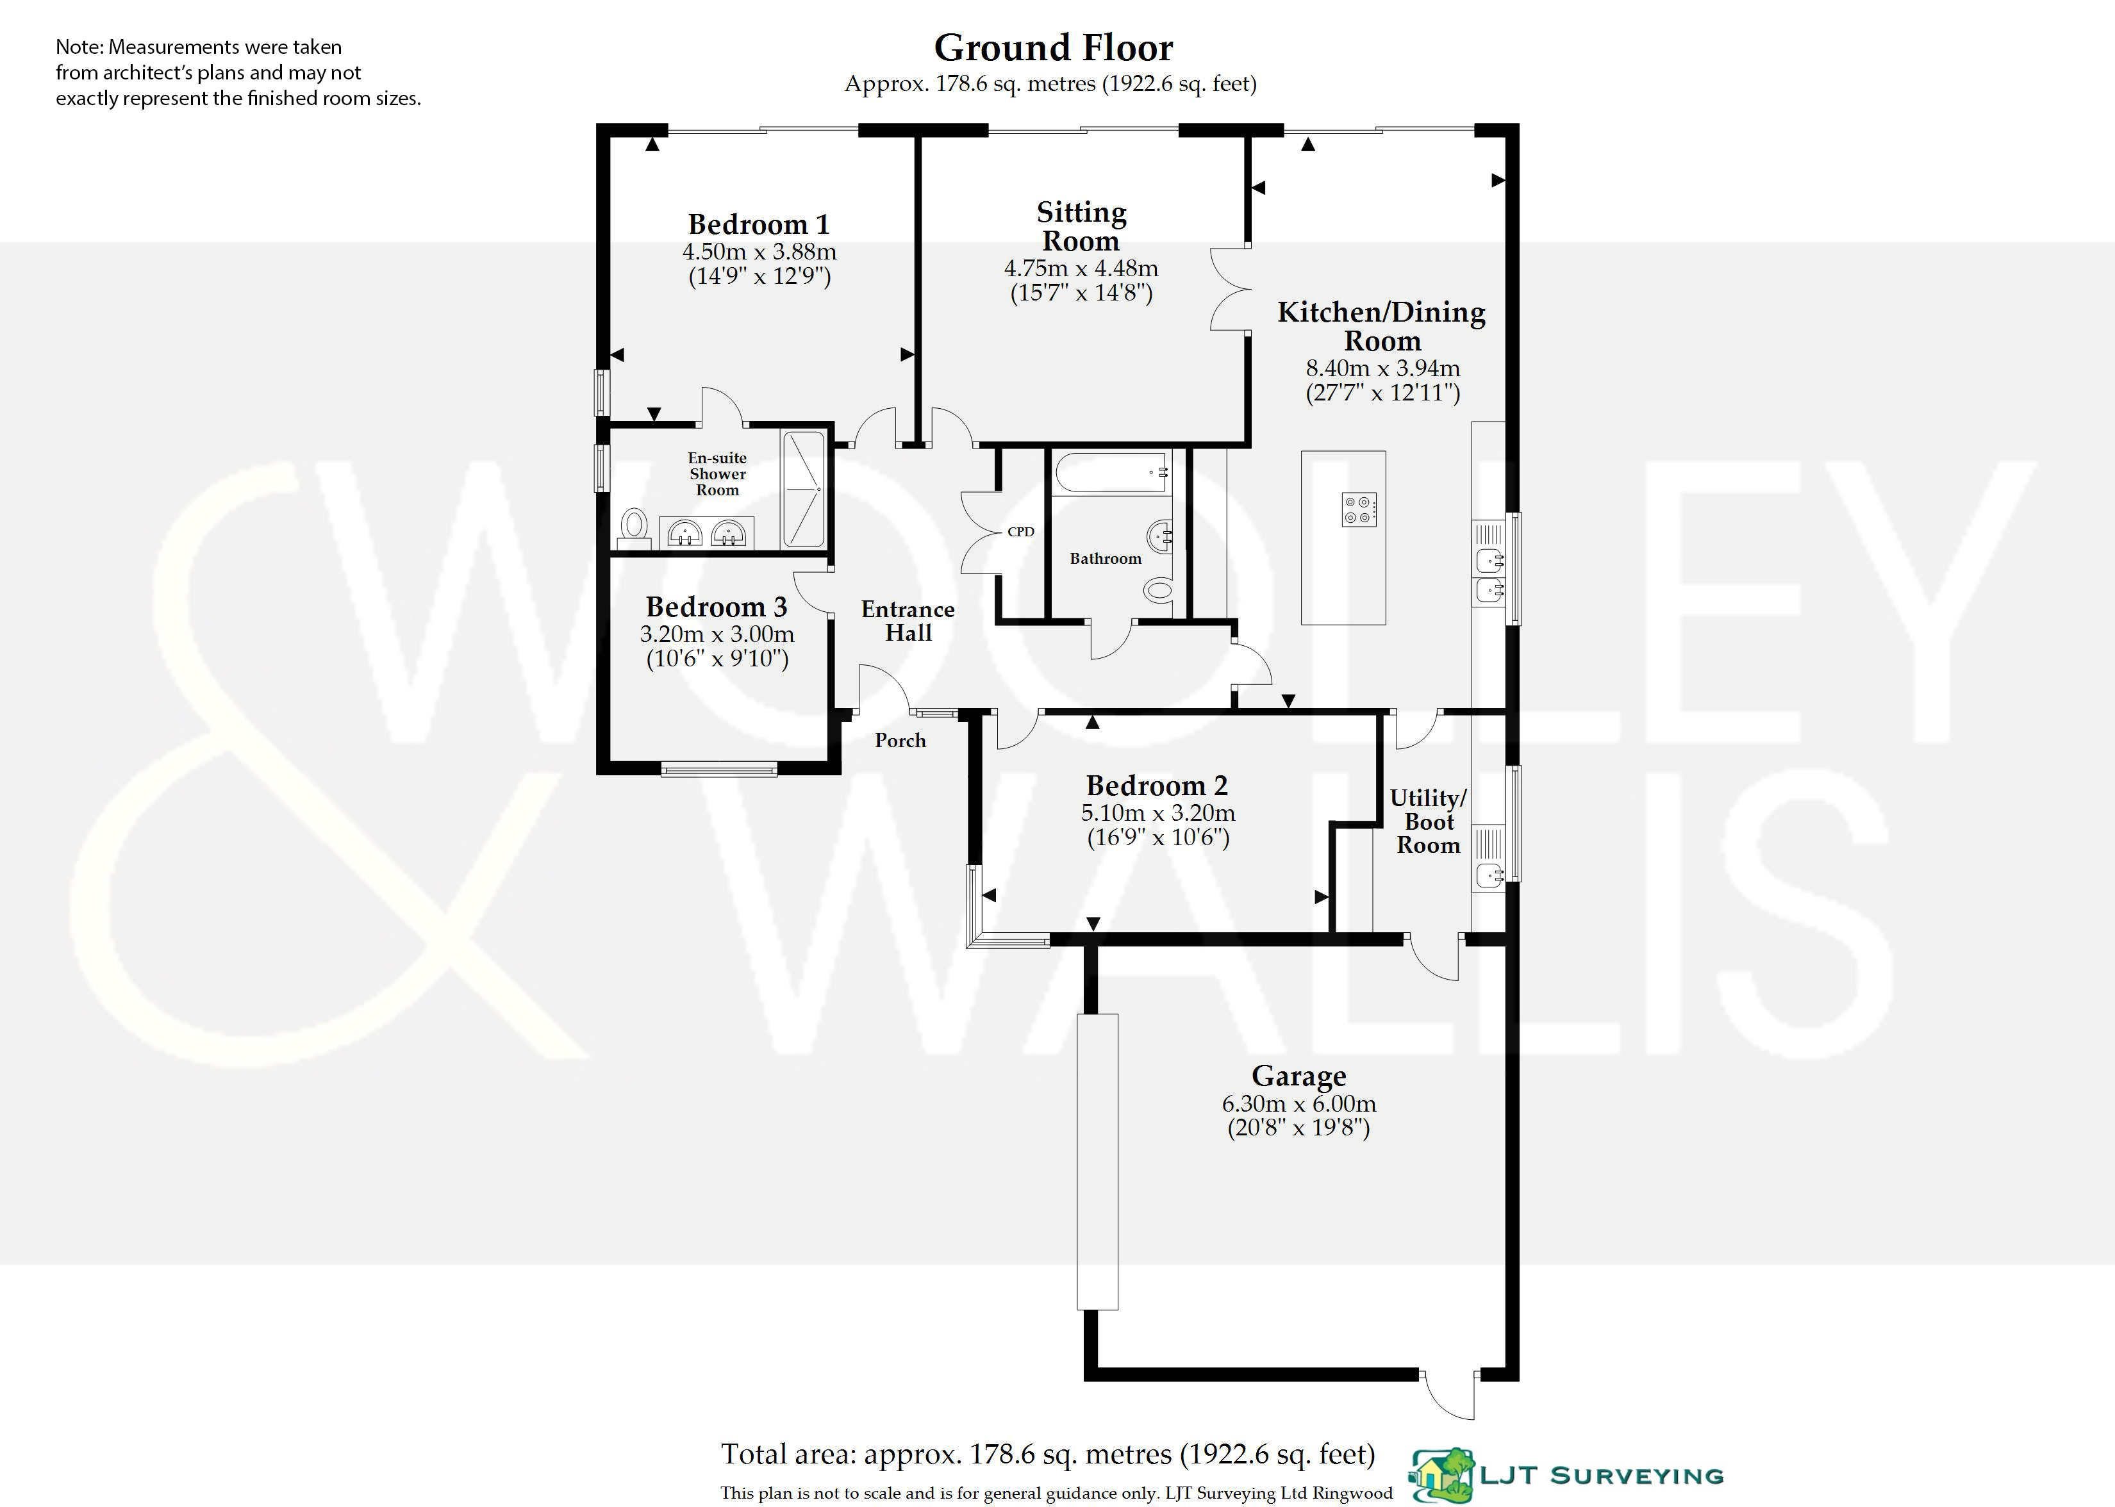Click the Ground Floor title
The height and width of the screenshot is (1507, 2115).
click(x=1053, y=47)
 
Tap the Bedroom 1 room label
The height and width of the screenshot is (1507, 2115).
click(x=758, y=224)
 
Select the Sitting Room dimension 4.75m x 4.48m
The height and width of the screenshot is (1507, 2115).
click(x=1081, y=268)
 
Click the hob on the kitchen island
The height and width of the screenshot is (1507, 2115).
click(x=1359, y=509)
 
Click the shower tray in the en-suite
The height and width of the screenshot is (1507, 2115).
click(x=804, y=489)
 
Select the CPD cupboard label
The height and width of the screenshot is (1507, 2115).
click(x=1021, y=532)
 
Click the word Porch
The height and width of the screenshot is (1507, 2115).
click(x=900, y=741)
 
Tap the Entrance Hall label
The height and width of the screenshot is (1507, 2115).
click(x=908, y=621)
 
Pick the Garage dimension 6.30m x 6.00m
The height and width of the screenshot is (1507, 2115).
click(x=1298, y=1104)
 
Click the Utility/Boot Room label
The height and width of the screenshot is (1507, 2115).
click(x=1428, y=821)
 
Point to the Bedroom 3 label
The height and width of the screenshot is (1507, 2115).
click(x=717, y=607)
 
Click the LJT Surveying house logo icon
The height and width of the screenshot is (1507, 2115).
click(x=1441, y=1476)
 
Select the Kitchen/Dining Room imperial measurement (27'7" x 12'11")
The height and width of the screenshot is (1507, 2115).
click(x=1383, y=393)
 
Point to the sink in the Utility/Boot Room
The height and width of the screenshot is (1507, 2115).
click(x=1489, y=874)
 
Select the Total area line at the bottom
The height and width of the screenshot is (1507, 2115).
click(x=1048, y=1454)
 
